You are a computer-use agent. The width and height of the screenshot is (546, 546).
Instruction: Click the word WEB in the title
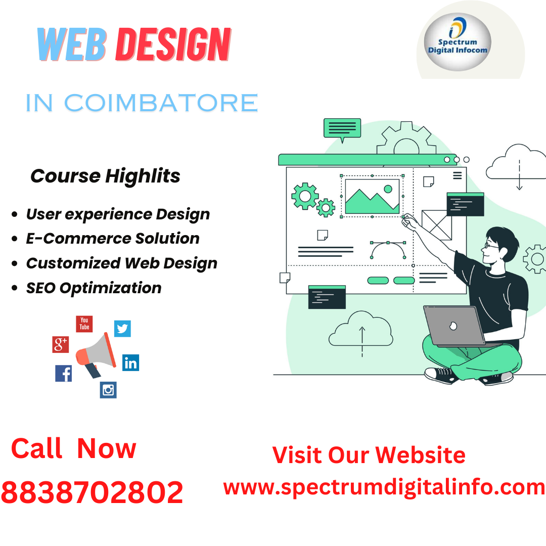tap(71, 45)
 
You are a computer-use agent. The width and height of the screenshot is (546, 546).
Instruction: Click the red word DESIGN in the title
tap(173, 45)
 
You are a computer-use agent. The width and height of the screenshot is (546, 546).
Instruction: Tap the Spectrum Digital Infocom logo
tap(457, 42)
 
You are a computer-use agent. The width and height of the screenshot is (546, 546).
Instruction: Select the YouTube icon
tap(84, 324)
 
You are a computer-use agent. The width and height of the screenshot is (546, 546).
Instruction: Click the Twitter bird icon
tap(122, 329)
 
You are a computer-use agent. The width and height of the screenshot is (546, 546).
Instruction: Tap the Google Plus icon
tap(61, 344)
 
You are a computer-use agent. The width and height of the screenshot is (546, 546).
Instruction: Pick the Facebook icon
tap(64, 373)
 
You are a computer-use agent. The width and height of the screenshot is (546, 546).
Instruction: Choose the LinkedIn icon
tap(130, 362)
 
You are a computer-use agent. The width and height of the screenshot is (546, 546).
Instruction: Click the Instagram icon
tap(108, 389)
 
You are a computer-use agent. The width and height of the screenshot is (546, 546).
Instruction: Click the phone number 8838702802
tap(92, 492)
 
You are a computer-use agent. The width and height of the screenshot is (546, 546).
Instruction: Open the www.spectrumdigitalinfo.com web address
tap(384, 487)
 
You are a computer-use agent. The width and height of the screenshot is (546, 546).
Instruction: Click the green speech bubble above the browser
tap(342, 128)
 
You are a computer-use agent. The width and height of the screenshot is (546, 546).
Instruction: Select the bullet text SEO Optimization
tap(94, 288)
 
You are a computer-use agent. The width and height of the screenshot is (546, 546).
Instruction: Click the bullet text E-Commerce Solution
tap(113, 239)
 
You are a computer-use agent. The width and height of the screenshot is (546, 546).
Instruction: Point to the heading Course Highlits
tap(105, 176)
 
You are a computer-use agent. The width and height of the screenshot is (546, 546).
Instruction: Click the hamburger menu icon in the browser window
tap(458, 175)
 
